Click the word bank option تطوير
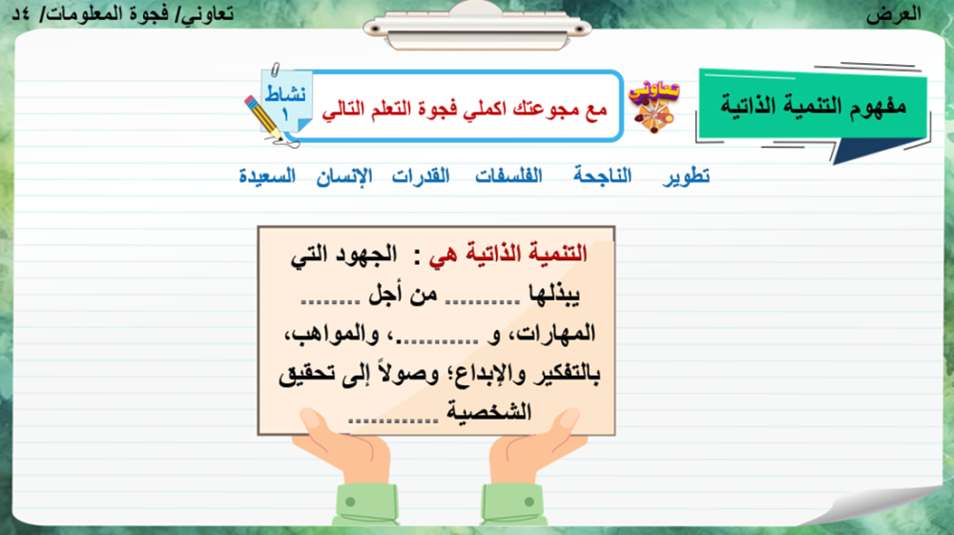click(x=686, y=176)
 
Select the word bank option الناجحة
click(x=602, y=175)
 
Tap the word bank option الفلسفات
click(x=508, y=175)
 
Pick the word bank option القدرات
click(x=421, y=175)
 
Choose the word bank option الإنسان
click(x=344, y=176)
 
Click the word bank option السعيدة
click(x=267, y=176)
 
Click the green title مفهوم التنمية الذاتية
click(x=814, y=106)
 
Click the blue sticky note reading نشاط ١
click(x=286, y=101)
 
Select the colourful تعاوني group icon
click(x=653, y=106)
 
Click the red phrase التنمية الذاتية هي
click(x=508, y=254)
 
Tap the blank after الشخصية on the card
click(x=393, y=420)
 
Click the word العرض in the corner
click(x=894, y=14)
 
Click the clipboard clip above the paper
click(x=477, y=26)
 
